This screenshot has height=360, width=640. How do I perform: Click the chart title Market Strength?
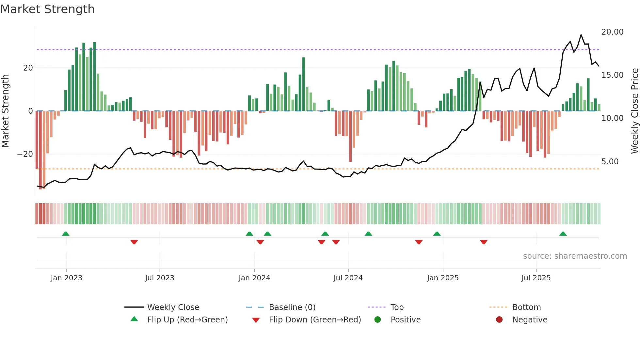pyautogui.click(x=47, y=9)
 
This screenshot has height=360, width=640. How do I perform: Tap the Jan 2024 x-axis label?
pyautogui.click(x=254, y=278)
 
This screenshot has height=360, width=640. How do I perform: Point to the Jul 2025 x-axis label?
pyautogui.click(x=536, y=278)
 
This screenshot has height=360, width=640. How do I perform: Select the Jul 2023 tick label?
pyautogui.click(x=160, y=278)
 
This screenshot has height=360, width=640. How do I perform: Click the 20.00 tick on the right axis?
pyautogui.click(x=612, y=32)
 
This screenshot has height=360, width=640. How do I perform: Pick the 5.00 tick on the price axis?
pyautogui.click(x=610, y=162)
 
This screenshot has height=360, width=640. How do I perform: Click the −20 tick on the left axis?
pyautogui.click(x=25, y=154)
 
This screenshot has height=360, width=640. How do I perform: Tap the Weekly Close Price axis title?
pyautogui.click(x=634, y=111)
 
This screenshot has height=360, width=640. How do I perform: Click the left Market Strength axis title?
pyautogui.click(x=5, y=111)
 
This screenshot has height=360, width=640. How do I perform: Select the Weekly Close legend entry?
pyautogui.click(x=173, y=307)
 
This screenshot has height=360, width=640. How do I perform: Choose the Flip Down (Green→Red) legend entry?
pyautogui.click(x=315, y=320)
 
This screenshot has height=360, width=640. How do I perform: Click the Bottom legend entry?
pyautogui.click(x=526, y=307)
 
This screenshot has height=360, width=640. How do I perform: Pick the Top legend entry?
pyautogui.click(x=397, y=307)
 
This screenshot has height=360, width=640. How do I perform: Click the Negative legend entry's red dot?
pyautogui.click(x=499, y=320)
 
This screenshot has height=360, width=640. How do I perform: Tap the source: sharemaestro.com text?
pyautogui.click(x=575, y=256)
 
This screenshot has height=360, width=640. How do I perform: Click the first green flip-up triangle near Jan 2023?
pyautogui.click(x=66, y=234)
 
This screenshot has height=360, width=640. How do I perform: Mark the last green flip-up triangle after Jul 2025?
pyautogui.click(x=563, y=234)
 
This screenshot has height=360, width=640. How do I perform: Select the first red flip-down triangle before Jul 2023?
pyautogui.click(x=134, y=242)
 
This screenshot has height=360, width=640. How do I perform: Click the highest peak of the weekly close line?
pyautogui.click(x=581, y=35)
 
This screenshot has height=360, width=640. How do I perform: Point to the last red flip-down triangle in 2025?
pyautogui.click(x=484, y=242)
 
